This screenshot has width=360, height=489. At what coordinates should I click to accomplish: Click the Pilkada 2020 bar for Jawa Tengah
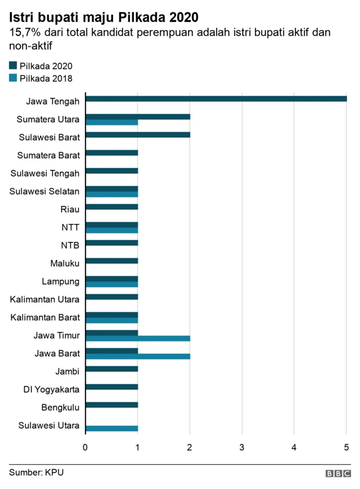click(216, 98)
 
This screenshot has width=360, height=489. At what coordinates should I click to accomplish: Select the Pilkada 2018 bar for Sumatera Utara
click(111, 122)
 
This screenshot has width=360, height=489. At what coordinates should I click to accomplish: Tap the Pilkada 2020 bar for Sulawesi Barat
click(138, 134)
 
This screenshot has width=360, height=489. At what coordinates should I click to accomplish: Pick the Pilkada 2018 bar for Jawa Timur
click(138, 338)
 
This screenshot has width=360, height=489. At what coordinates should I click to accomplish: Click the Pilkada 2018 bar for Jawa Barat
click(138, 356)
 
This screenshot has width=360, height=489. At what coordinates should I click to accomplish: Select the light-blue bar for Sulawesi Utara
click(111, 428)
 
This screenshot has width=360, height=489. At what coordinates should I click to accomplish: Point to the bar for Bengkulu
click(111, 405)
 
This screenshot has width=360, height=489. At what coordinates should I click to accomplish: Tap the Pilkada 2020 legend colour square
click(13, 66)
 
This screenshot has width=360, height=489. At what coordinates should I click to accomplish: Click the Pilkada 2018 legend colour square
click(13, 78)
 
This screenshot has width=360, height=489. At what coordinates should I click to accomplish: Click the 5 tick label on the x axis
click(346, 447)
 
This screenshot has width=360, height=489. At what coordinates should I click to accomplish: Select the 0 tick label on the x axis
click(85, 447)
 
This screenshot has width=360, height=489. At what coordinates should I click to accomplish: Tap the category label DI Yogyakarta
click(51, 389)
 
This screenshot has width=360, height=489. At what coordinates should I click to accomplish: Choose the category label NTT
click(70, 227)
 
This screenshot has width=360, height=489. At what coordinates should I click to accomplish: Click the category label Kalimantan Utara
click(44, 299)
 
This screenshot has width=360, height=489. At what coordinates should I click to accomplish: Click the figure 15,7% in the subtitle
click(25, 33)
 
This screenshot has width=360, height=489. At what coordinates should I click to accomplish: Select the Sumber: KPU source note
click(36, 472)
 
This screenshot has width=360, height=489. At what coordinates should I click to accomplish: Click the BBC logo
click(337, 473)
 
